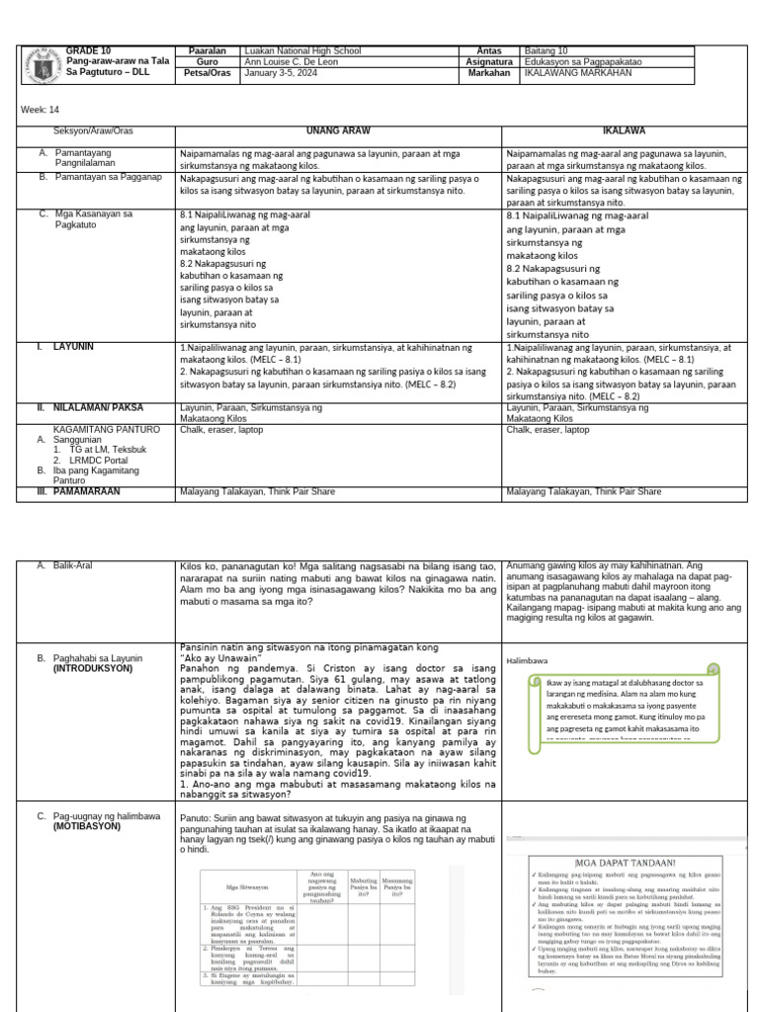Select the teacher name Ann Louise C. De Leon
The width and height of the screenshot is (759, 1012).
pos(289,61)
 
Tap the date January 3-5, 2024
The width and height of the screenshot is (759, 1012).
pos(280,72)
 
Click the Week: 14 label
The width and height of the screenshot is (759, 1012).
pos(36,110)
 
